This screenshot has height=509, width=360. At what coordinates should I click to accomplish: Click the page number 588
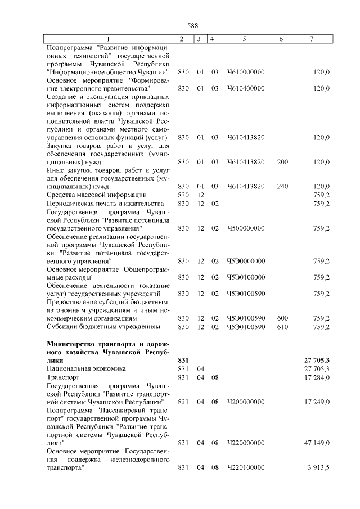(x=192, y=25)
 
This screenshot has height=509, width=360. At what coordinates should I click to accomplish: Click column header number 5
(x=244, y=38)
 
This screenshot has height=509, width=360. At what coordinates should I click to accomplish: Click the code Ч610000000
(x=246, y=73)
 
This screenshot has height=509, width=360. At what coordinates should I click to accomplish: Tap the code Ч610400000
(x=246, y=88)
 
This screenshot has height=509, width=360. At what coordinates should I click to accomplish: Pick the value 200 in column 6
(x=282, y=161)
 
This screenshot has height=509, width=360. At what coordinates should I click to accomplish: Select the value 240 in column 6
(x=282, y=186)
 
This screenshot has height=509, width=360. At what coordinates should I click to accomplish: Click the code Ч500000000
(x=246, y=228)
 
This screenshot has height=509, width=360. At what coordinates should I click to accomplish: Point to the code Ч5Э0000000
(x=246, y=261)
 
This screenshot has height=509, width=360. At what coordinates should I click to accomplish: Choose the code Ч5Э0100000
(x=246, y=277)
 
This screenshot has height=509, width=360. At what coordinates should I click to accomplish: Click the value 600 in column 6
(x=282, y=318)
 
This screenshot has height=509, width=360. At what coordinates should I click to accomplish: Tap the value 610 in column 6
(x=282, y=326)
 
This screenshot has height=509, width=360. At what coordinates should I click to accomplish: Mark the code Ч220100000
(x=246, y=467)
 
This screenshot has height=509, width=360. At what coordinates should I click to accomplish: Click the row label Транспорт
(x=63, y=377)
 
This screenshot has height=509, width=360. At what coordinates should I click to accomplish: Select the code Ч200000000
(x=246, y=402)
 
